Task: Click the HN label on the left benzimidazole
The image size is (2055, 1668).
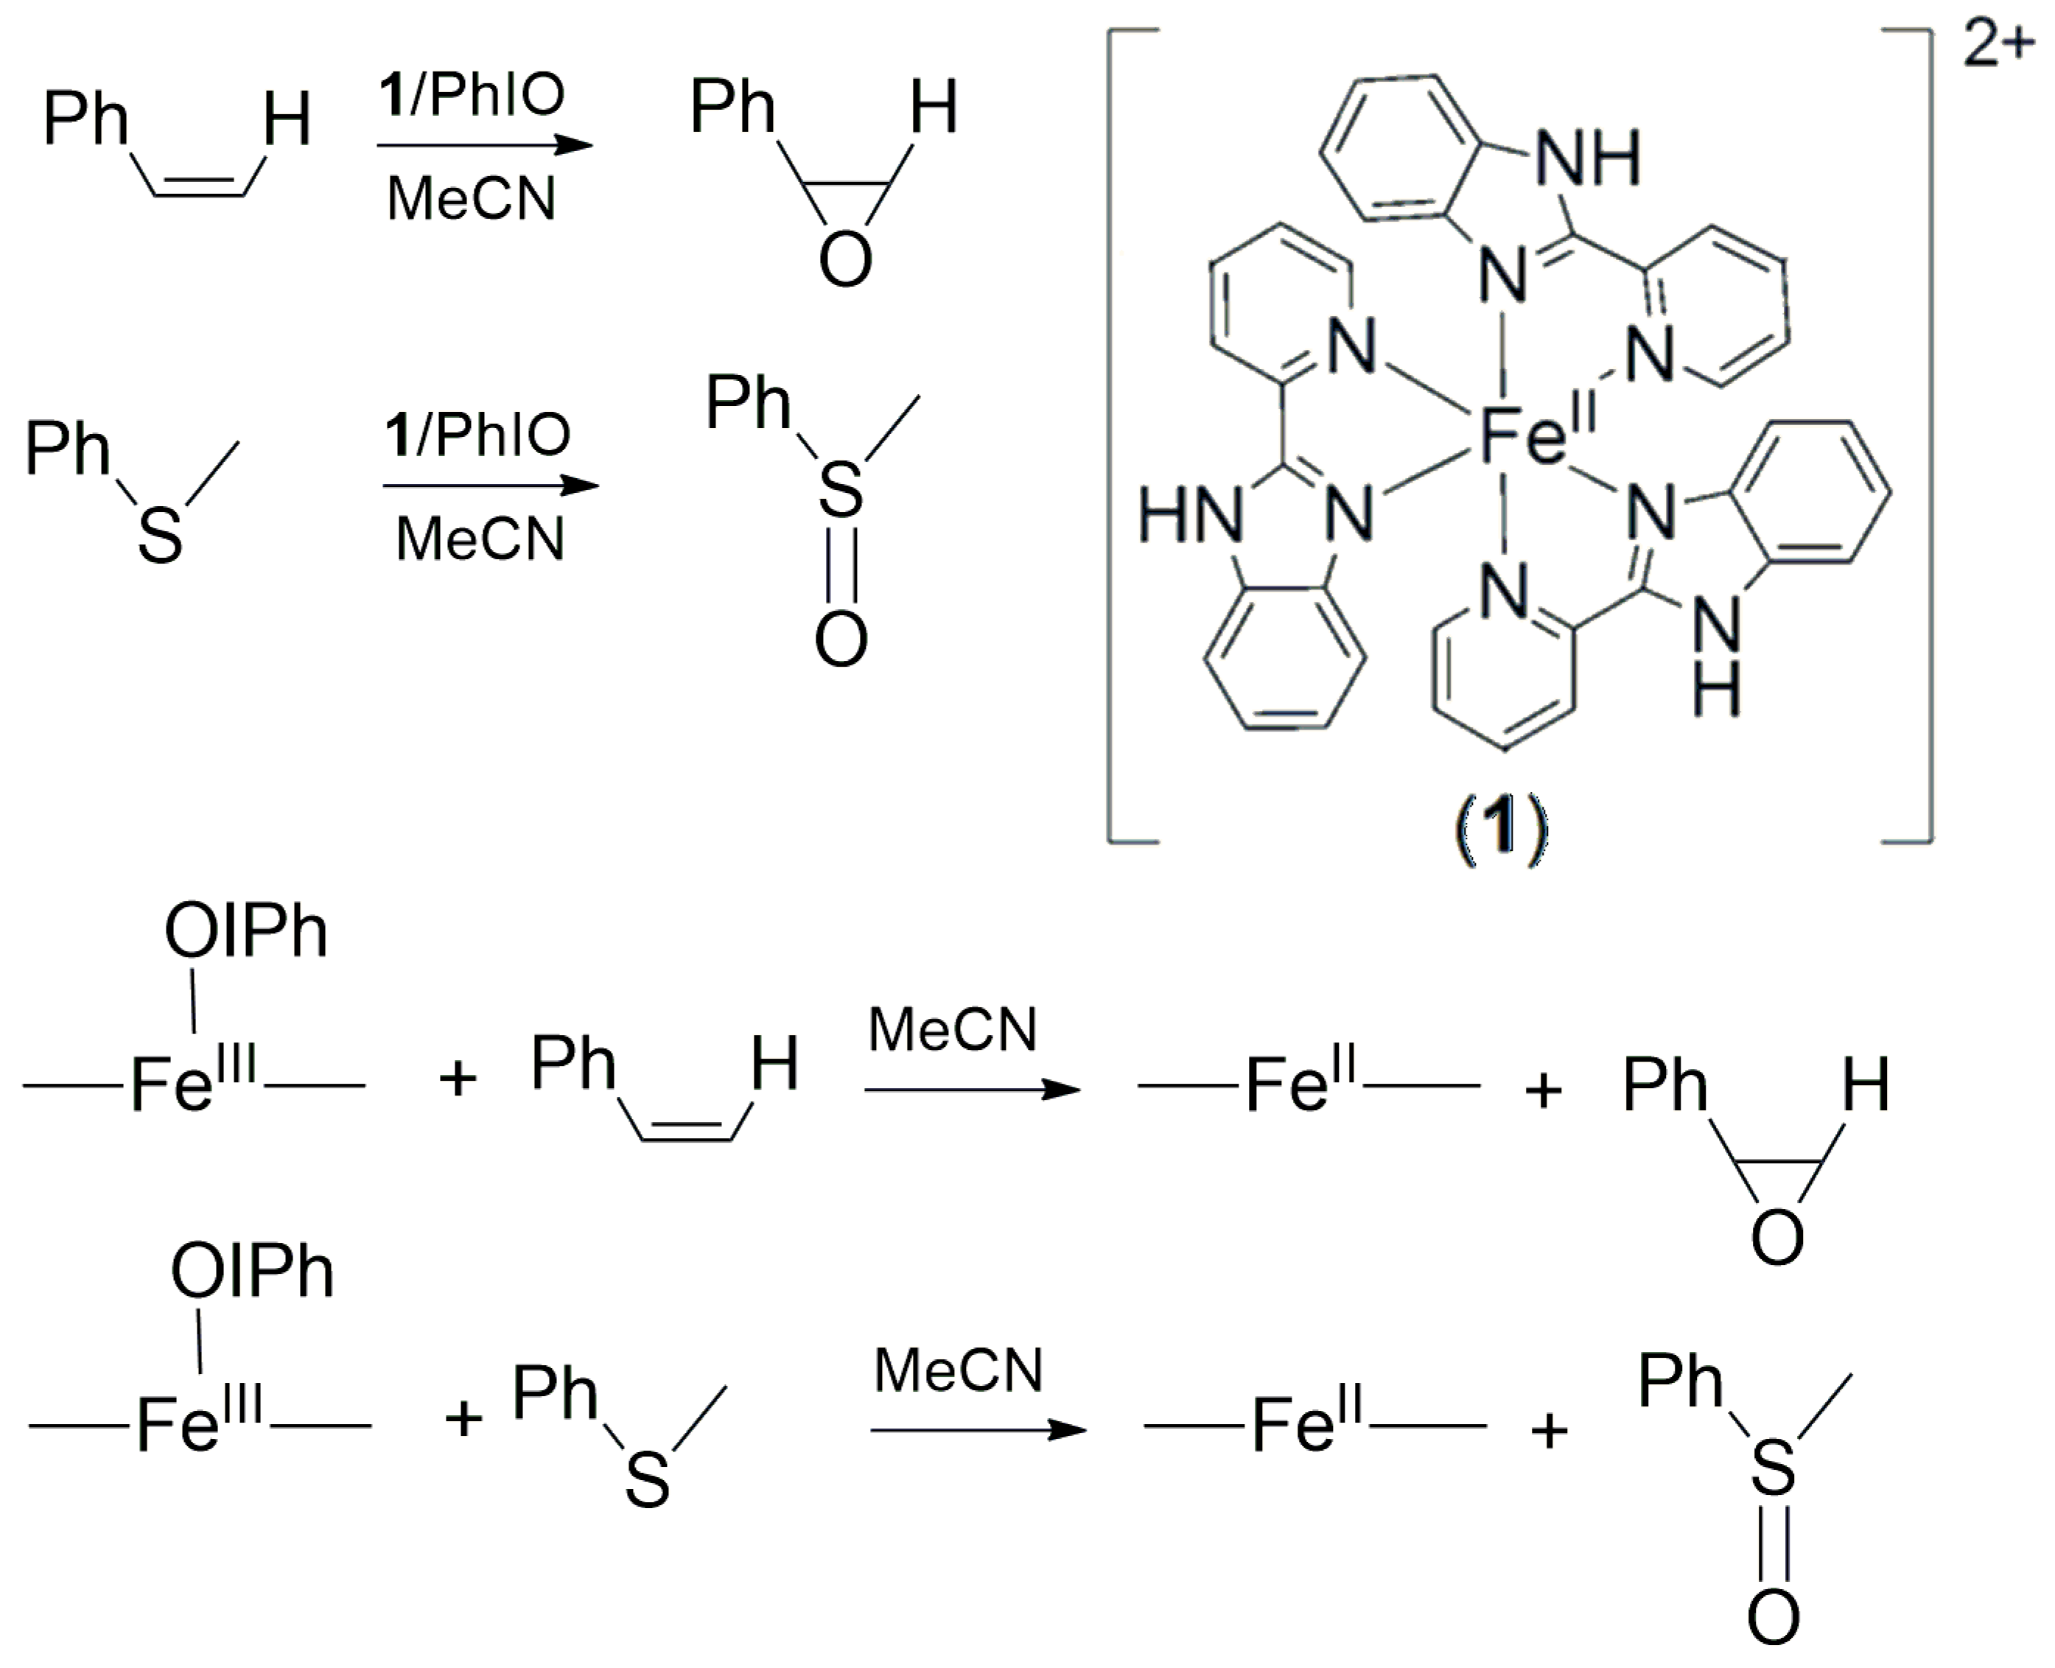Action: pos(1191,515)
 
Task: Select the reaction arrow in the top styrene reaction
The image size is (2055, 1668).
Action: pos(485,146)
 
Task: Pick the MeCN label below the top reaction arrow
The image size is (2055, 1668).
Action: pos(471,200)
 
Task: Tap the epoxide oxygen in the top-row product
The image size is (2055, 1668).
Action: pos(845,259)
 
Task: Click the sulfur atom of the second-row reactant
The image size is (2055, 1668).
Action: pos(159,534)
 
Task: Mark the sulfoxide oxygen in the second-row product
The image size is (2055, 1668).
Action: pos(841,639)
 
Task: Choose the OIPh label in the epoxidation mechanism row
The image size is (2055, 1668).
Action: pos(246,932)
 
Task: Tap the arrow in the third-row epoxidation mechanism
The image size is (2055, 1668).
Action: pos(973,1090)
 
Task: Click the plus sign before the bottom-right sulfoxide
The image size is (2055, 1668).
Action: pos(1549,1431)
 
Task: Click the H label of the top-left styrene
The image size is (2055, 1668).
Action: pos(287,121)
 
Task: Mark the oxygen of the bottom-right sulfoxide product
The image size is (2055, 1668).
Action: pos(1774,1618)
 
